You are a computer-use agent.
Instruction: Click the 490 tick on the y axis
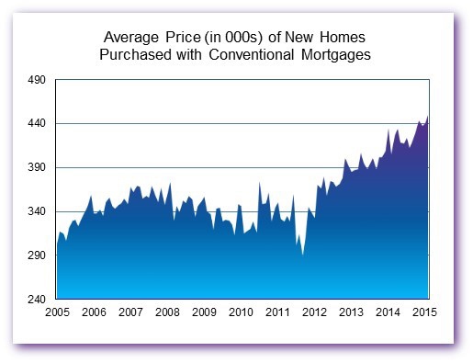point(39,80)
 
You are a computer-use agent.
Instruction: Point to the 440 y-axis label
point(39,124)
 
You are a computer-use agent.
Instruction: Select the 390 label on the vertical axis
point(39,168)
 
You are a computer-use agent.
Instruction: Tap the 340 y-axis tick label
point(39,212)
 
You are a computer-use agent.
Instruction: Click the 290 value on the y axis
point(39,256)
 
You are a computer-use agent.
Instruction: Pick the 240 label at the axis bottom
point(39,300)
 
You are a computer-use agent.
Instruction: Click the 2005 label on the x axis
point(57,313)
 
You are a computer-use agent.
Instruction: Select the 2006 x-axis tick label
point(94,313)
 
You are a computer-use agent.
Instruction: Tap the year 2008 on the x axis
point(167,313)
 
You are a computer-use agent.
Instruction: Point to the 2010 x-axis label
point(241,313)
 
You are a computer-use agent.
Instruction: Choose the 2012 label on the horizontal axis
point(314,313)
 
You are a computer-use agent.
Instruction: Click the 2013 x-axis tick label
point(351,313)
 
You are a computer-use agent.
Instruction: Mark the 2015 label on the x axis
point(424,313)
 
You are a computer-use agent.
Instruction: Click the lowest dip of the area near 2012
point(302,255)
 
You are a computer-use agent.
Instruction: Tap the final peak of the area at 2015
point(428,117)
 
